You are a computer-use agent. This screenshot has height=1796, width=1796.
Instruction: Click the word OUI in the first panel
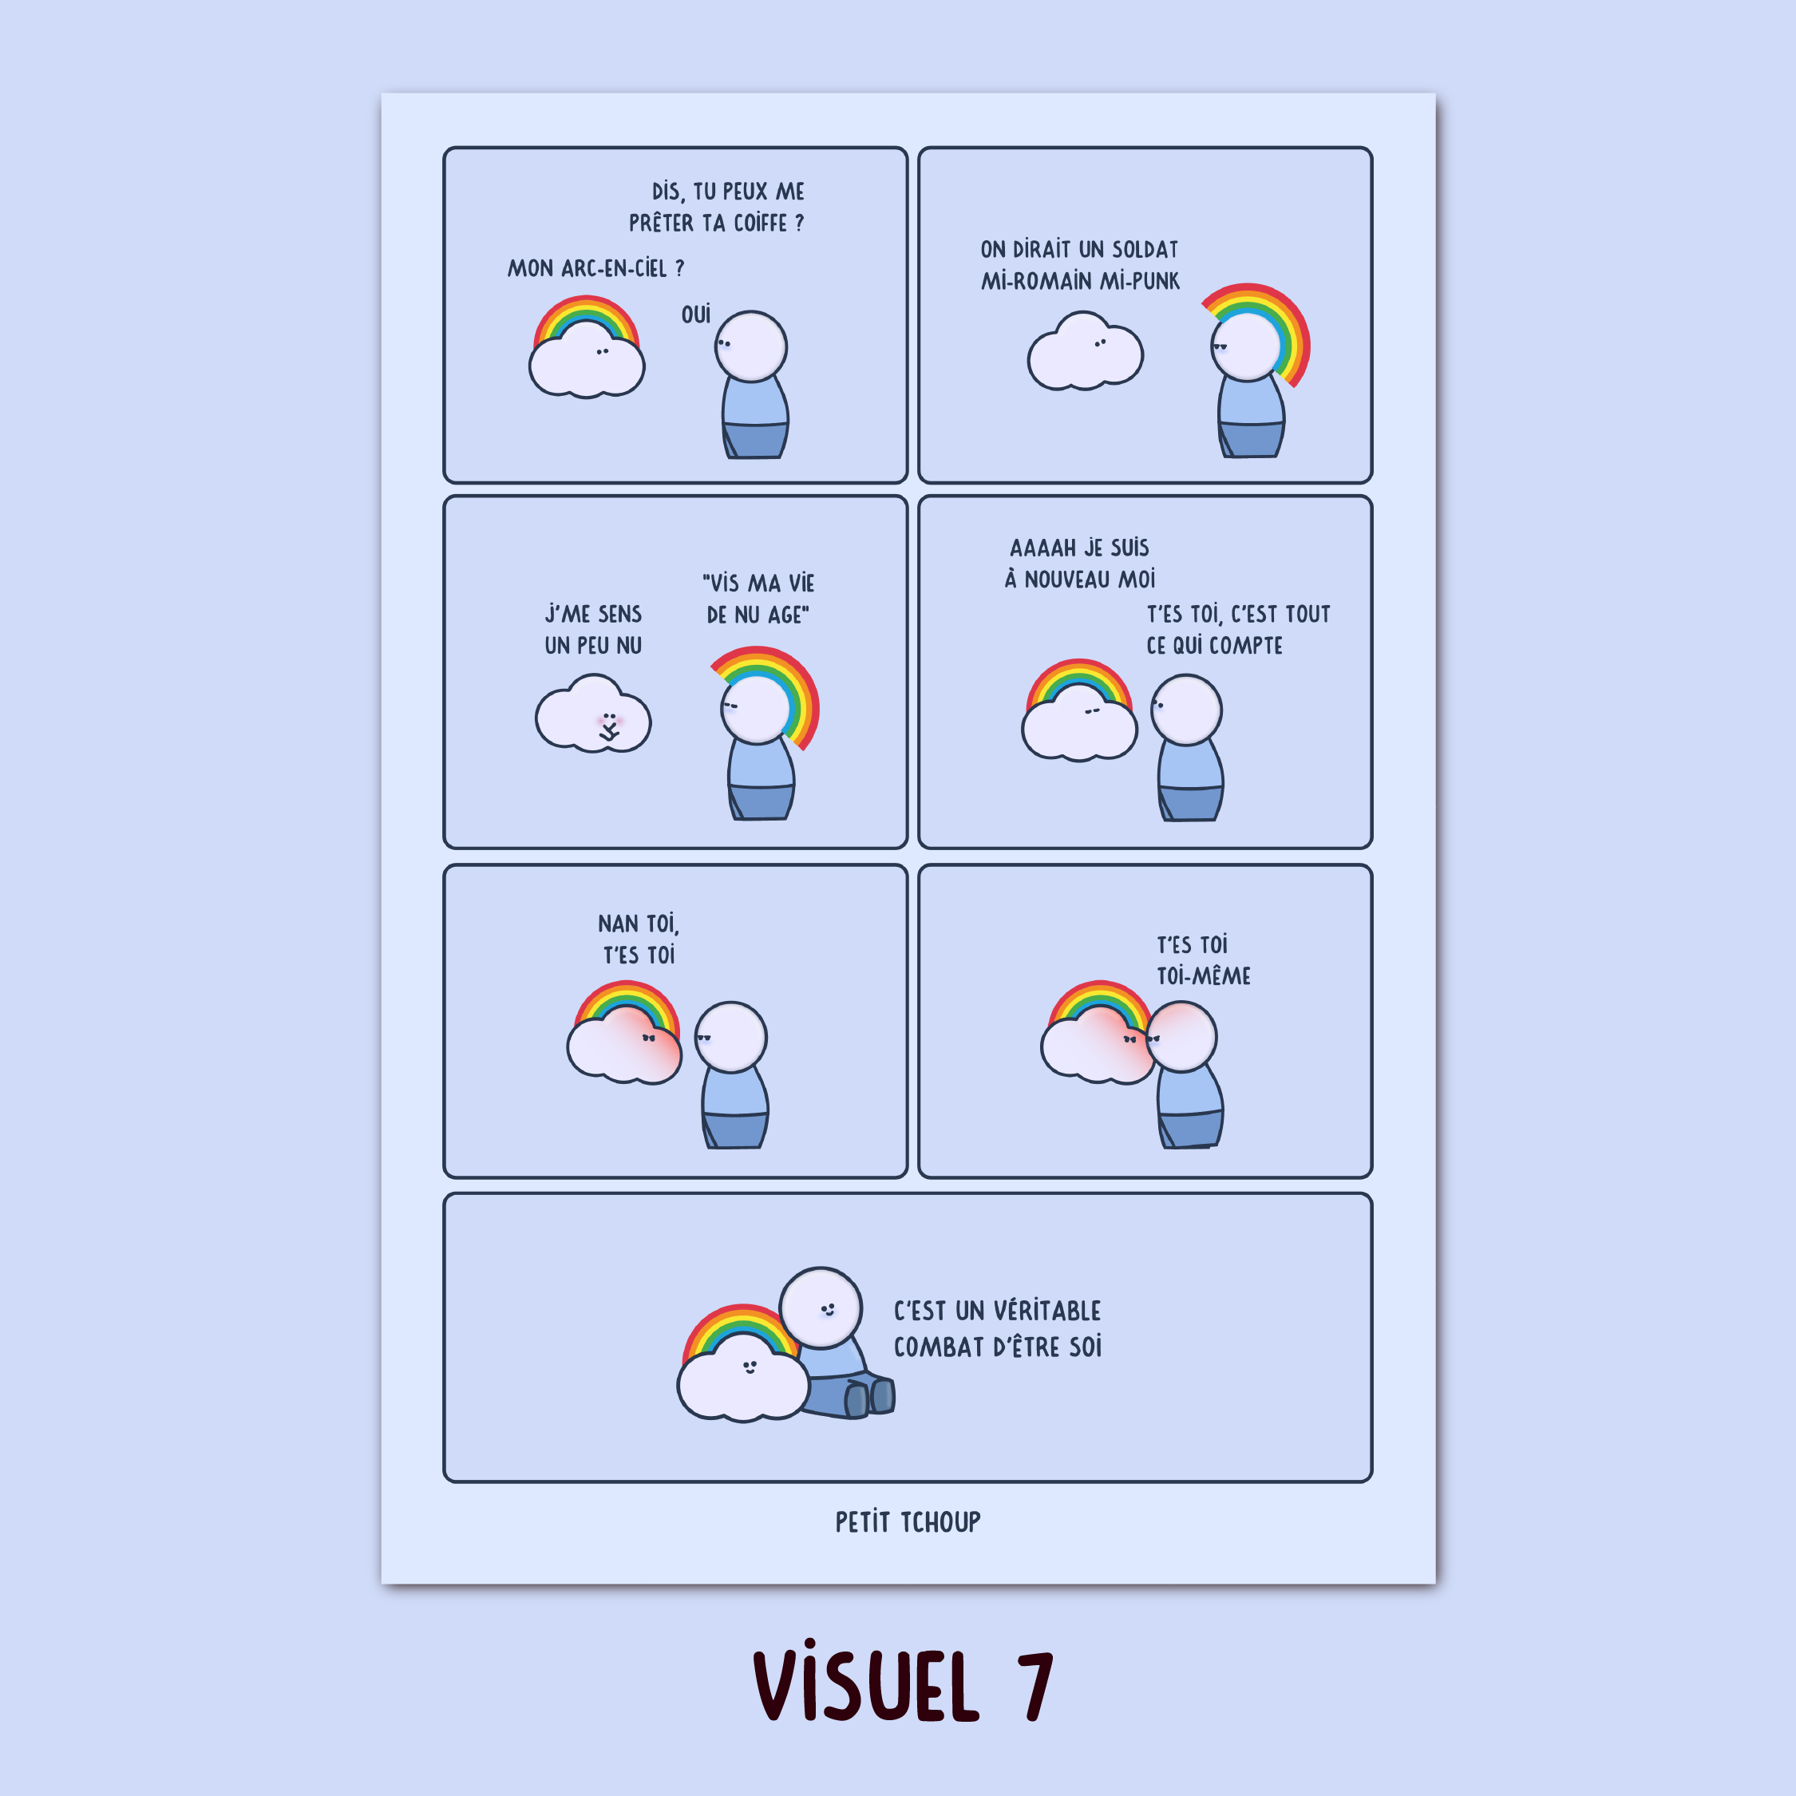click(x=695, y=314)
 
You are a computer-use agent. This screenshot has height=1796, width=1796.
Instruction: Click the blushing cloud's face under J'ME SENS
click(x=609, y=725)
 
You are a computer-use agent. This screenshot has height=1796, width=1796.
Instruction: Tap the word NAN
click(x=618, y=924)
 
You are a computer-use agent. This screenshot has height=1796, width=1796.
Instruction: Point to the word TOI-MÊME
click(x=1204, y=975)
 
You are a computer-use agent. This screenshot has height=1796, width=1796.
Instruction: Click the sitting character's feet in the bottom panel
click(x=870, y=1396)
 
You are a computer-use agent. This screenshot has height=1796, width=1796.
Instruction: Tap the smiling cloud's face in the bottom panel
click(x=750, y=1367)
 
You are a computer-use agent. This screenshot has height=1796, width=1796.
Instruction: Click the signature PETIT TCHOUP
click(x=908, y=1521)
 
